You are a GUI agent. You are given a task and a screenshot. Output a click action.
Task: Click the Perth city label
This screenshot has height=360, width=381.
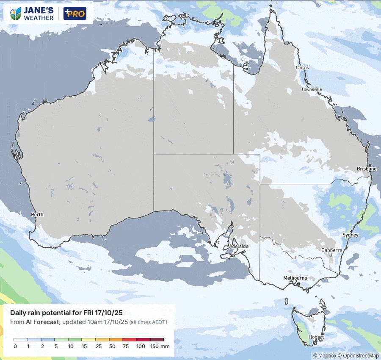point(37,215)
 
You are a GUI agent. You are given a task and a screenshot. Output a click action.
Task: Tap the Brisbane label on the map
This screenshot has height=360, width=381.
point(367,169)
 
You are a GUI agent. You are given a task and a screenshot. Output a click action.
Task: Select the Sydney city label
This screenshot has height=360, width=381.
point(351,235)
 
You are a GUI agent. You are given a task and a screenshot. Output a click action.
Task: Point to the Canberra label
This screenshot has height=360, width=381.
point(331,250)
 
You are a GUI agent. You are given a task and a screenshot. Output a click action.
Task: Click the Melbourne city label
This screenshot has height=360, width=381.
point(295,278)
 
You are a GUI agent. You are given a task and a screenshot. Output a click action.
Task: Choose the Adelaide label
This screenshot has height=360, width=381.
point(238,246)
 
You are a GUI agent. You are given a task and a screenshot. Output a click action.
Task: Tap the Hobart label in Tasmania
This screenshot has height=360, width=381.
point(316,337)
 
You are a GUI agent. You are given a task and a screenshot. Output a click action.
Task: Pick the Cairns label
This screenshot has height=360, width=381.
point(302,68)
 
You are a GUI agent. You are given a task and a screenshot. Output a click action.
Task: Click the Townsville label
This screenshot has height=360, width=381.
point(312,89)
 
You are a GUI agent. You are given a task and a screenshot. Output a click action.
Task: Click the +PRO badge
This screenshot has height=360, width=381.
point(75,14)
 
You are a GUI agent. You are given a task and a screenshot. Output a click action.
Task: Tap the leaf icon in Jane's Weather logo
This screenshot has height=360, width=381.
point(17,14)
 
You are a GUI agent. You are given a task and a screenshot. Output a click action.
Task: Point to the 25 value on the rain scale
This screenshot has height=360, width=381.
point(98,346)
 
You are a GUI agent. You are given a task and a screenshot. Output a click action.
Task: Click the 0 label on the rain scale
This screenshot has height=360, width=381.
point(15,346)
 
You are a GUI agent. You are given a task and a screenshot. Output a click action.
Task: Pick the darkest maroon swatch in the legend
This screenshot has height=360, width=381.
point(157,340)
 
